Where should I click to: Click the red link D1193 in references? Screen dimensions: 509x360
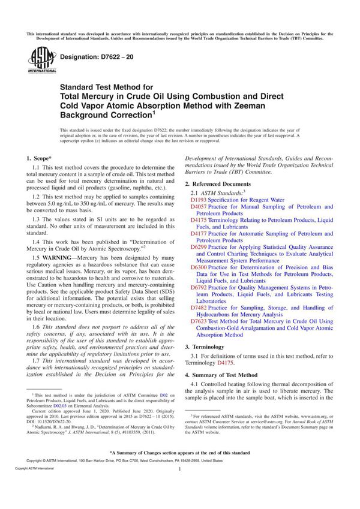(199, 199)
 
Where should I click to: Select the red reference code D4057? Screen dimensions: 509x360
(199, 206)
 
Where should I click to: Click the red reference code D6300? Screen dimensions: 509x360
(199, 268)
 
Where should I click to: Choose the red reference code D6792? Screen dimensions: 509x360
(199, 288)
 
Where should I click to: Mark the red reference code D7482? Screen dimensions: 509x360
(199, 308)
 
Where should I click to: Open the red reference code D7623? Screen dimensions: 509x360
(199, 322)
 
